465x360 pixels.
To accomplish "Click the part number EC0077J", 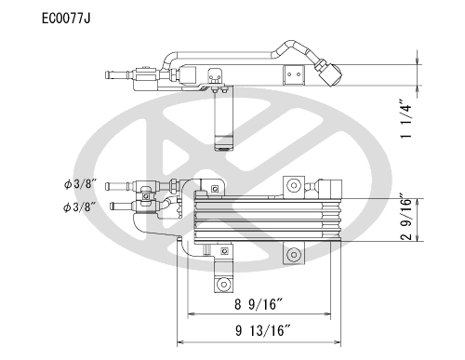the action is tap(66, 19).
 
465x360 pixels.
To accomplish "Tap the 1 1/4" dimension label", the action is tap(406, 119).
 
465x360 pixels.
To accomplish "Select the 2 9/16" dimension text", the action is tap(406, 217).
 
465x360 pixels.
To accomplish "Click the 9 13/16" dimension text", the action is tap(263, 330).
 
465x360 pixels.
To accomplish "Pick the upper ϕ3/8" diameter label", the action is tap(80, 184).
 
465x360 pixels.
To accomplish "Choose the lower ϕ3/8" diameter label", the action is tap(79, 207).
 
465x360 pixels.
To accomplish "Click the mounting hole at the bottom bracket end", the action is tap(223, 284).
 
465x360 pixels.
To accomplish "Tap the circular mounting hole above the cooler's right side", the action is tap(294, 185).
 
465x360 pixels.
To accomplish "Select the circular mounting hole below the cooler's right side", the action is tap(294, 255).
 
